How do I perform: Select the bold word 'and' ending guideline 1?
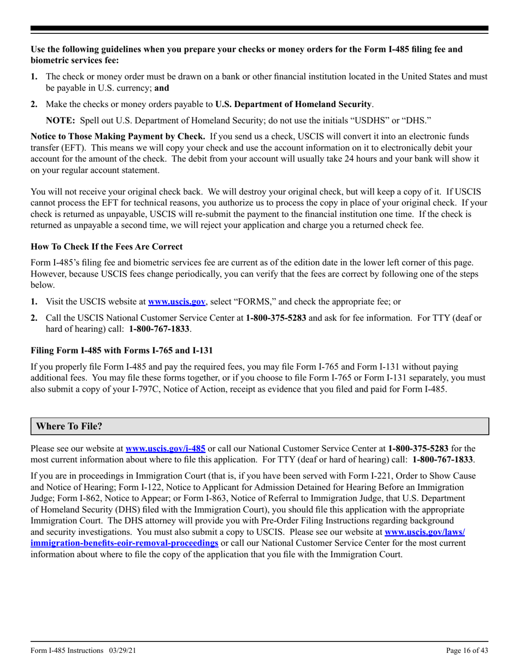[x=162, y=87]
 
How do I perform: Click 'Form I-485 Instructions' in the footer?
[x=67, y=650]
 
